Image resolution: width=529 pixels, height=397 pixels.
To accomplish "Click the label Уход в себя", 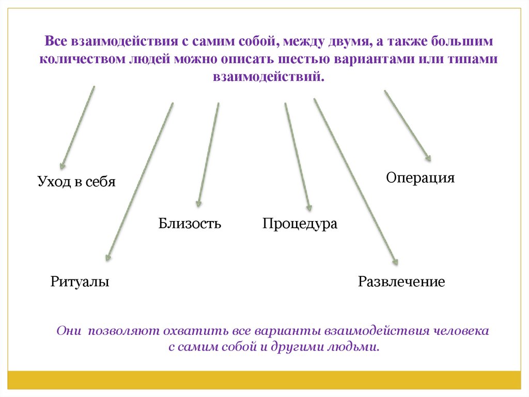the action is click(x=76, y=182).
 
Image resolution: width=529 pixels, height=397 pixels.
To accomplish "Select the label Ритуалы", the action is click(x=80, y=282).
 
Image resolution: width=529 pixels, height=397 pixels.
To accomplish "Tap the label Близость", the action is click(x=190, y=224).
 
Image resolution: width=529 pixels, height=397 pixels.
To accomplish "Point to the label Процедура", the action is click(x=300, y=224).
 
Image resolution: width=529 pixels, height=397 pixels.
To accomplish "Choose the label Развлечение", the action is click(x=401, y=282).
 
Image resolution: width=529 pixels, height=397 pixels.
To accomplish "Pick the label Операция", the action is click(x=421, y=178).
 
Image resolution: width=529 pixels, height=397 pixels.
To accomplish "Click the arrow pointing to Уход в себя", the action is click(x=77, y=127).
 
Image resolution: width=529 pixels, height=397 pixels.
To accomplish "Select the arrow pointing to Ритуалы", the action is click(x=139, y=181).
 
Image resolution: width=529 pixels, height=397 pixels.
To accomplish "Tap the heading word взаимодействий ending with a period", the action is click(x=267, y=76).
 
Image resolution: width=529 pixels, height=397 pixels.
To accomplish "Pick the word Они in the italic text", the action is click(x=68, y=330).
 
